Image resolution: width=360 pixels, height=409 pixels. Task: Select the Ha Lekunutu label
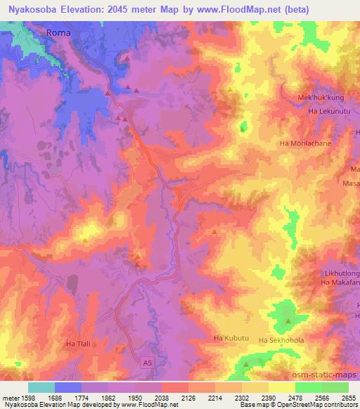pyautogui.click(x=328, y=110)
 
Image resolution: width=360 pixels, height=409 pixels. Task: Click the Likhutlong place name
pyautogui.click(x=341, y=271)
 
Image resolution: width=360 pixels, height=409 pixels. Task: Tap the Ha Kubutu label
pyautogui.click(x=231, y=339)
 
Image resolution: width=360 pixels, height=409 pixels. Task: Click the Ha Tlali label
pyautogui.click(x=79, y=344)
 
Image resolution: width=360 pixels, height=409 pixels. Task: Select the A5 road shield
pyautogui.click(x=146, y=362)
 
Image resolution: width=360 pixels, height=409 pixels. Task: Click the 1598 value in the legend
pyautogui.click(x=27, y=397)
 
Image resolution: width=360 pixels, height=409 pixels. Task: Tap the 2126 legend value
pyautogui.click(x=188, y=397)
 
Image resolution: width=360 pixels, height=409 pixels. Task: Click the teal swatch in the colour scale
pyautogui.click(x=41, y=387)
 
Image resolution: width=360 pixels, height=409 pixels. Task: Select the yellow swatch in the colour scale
pyautogui.click(x=281, y=387)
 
